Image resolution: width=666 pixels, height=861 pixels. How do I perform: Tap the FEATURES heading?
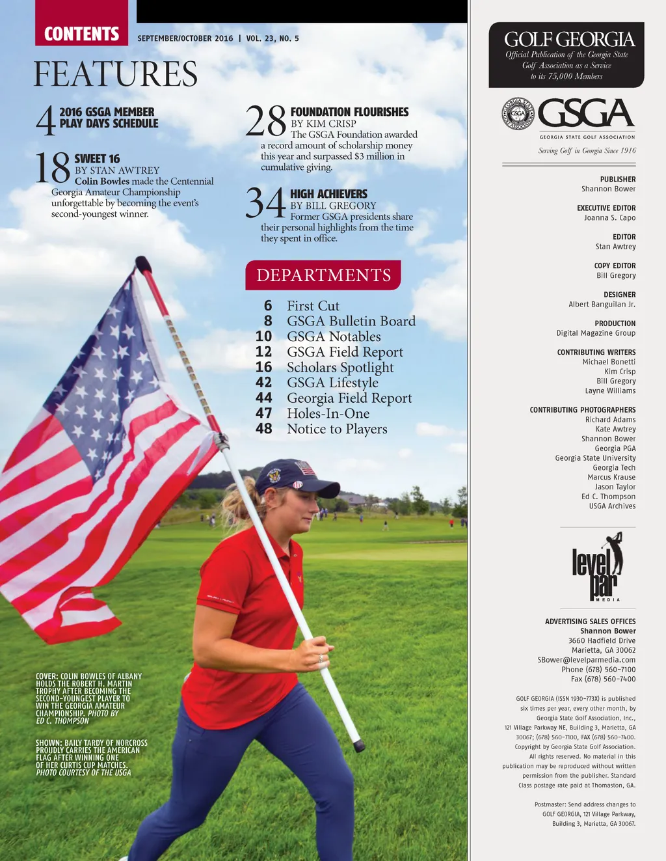tap(116, 74)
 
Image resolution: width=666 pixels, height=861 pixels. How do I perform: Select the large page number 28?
tap(265, 121)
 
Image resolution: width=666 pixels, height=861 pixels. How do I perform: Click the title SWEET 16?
tap(97, 159)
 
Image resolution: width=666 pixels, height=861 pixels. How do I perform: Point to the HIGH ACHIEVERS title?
tap(328, 194)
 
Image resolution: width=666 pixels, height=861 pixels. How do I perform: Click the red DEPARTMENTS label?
tap(323, 275)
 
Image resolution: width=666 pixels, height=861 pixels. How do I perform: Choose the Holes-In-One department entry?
tap(328, 413)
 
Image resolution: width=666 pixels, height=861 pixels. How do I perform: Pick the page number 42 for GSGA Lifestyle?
tap(263, 383)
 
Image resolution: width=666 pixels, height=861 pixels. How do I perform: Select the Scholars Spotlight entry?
tap(340, 367)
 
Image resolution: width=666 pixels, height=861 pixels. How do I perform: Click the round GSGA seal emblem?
tap(518, 114)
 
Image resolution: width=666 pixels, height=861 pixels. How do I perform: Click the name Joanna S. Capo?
tap(609, 218)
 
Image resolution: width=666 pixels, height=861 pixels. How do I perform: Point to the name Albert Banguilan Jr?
tap(602, 305)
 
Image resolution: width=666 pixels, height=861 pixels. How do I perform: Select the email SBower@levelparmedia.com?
tap(586, 660)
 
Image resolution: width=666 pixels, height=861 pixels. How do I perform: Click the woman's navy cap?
tap(293, 476)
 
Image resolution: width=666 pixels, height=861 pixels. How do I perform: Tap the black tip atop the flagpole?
tap(142, 264)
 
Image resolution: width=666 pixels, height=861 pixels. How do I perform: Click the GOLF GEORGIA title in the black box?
tap(569, 39)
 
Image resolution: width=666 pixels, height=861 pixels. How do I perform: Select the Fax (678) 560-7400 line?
tap(603, 679)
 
